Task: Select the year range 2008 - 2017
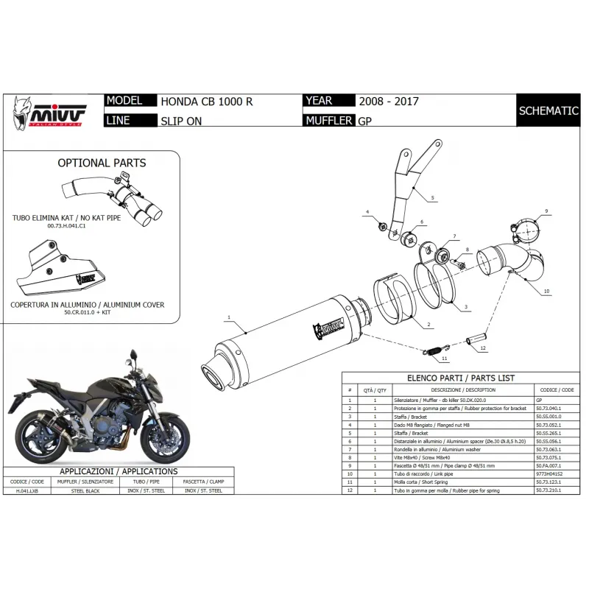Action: [x=388, y=102]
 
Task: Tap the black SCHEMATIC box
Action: [x=548, y=111]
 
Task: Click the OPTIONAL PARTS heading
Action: [x=102, y=163]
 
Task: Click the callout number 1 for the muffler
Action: [x=229, y=317]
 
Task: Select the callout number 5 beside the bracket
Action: [x=433, y=198]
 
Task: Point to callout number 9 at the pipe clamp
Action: [x=547, y=211]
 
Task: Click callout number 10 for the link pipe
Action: [x=547, y=292]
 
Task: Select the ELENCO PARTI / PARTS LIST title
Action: [x=462, y=378]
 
